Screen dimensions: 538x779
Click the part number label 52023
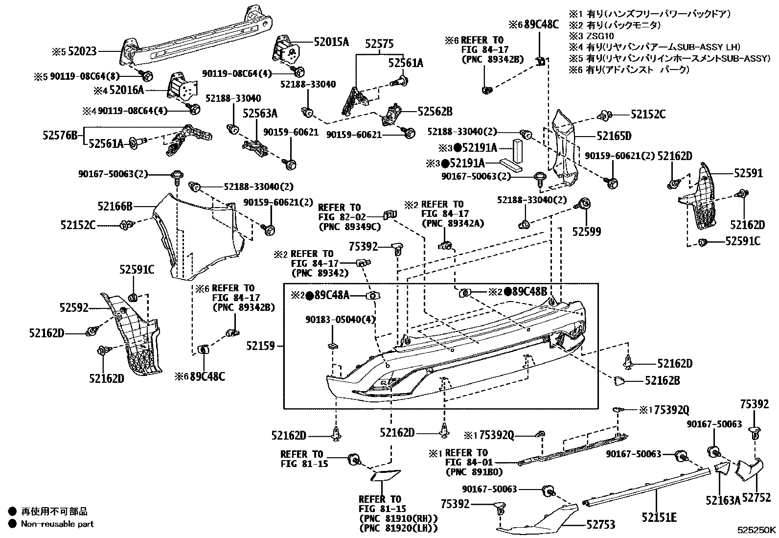pos(82,50)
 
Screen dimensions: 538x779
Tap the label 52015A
pos(331,42)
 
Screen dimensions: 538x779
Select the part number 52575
pos(379,44)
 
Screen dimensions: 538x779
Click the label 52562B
pos(435,112)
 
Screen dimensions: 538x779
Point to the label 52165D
pos(614,136)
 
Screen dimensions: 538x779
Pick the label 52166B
pos(115,207)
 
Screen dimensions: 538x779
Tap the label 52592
pos(74,307)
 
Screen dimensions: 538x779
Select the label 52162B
pos(662,380)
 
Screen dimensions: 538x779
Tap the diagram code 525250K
pos(757,530)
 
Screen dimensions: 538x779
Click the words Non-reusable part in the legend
pos(57,524)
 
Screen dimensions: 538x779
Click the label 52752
pos(756,498)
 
